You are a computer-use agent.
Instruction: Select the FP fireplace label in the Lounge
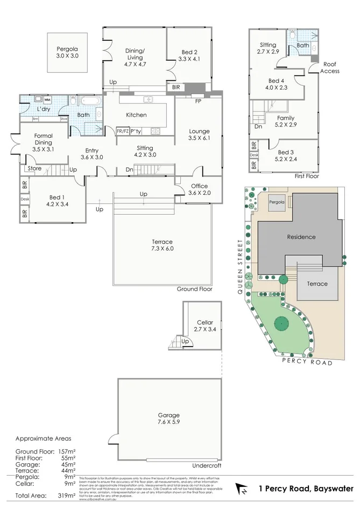tap(198, 101)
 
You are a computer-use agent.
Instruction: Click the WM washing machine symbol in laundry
tap(47, 100)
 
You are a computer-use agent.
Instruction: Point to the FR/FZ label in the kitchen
tap(122, 130)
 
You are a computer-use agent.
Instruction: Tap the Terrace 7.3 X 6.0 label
tap(162, 245)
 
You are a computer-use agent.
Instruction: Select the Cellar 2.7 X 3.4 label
tap(204, 326)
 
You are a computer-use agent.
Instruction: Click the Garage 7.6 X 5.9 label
tap(168, 419)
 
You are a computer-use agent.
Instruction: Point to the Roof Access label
tap(330, 67)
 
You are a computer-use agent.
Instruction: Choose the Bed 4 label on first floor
tap(278, 84)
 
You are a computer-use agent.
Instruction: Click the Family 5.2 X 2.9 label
tap(286, 121)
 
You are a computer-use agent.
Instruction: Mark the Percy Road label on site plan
tap(307, 363)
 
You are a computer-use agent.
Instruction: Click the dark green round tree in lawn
tap(280, 324)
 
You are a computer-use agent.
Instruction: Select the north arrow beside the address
tap(242, 489)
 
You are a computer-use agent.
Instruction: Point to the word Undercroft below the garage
tap(207, 465)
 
